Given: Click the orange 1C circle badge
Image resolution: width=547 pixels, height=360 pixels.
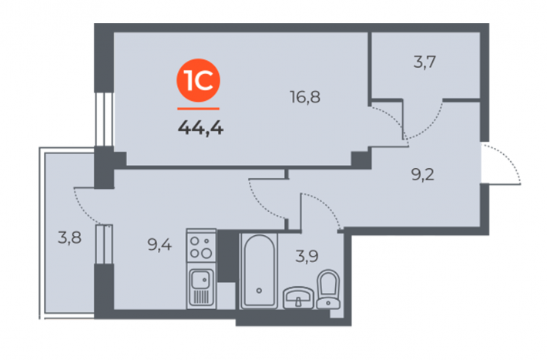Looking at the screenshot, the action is coord(198,80).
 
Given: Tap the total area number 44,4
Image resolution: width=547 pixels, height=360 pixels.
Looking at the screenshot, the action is coord(200,128).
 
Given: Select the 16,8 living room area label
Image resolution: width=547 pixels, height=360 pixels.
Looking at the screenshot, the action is coord(305,96).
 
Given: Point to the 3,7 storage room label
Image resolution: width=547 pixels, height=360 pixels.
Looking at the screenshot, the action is coord(425,62).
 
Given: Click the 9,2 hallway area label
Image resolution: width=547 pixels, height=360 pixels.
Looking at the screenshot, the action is coord(423,174).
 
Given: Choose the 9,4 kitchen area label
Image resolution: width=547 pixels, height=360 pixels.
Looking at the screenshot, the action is coord(159,244).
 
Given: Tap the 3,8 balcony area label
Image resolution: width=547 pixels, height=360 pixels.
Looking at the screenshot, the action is coord(70,237).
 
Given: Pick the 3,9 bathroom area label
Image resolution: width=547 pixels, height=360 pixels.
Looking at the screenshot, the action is coord(307,256).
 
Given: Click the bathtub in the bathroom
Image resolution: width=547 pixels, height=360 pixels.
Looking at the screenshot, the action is coord(259,271).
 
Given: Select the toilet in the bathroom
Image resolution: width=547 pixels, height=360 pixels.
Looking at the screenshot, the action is coord(328,290).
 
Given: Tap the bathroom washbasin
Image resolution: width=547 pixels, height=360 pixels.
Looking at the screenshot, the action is coord(298,298).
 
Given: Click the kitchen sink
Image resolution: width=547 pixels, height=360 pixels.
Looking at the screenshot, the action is coord(201,286).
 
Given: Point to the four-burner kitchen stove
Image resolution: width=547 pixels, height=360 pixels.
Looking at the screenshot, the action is coord(201,245).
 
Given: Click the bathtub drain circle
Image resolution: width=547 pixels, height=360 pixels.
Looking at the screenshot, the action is coord(259,291).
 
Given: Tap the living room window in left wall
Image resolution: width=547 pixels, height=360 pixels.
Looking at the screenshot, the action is coord(104,119).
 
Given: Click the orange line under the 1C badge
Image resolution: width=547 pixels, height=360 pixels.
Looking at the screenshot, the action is coord(198,109).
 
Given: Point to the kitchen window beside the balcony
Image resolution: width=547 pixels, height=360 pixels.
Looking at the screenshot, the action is coord(104,244).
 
